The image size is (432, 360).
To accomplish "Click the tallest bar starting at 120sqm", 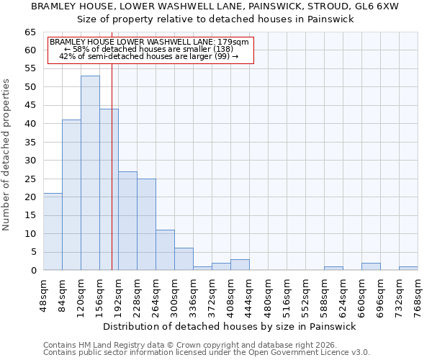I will point(90,173).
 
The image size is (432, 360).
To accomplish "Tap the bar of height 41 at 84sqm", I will point(71,195).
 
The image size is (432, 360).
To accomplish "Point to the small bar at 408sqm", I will point(240,265).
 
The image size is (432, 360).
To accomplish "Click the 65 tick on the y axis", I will point(30,32).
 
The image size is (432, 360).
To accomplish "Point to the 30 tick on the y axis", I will point(30,161).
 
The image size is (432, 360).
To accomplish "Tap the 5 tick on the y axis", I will point(33,252).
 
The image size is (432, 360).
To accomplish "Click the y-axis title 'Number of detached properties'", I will point(7,154).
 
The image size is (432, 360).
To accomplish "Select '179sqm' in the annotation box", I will point(234,42).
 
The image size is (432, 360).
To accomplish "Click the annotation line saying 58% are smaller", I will point(148,49).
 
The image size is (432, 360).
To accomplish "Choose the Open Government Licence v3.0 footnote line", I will point(207,352).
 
